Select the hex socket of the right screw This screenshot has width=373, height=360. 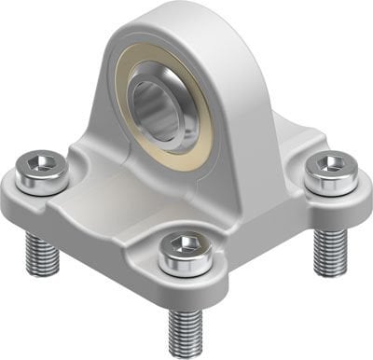[330, 164]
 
